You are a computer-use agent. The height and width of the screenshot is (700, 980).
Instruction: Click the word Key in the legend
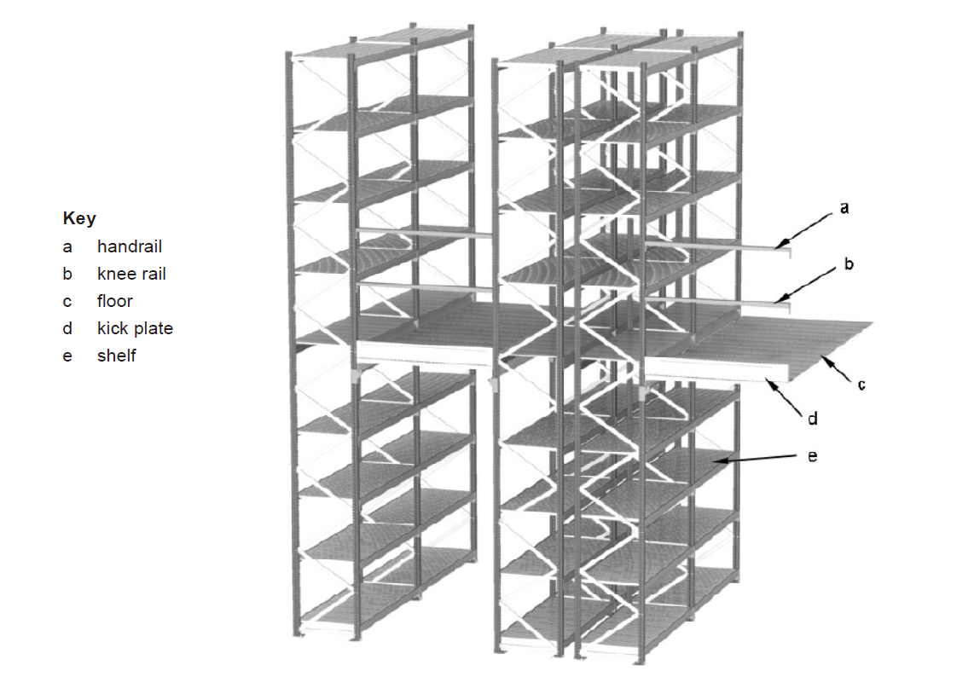pyautogui.click(x=79, y=218)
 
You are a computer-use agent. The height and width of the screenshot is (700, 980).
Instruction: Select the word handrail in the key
pyautogui.click(x=130, y=246)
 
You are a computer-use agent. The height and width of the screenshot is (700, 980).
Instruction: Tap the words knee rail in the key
pyautogui.click(x=131, y=274)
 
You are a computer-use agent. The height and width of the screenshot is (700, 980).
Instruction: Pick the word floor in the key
pyautogui.click(x=115, y=301)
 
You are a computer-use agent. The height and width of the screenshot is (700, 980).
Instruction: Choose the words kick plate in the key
pyautogui.click(x=135, y=328)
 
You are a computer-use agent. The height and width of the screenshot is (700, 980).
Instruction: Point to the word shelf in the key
pyautogui.click(x=116, y=356)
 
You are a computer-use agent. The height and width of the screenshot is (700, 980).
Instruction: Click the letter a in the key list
pyautogui.click(x=67, y=247)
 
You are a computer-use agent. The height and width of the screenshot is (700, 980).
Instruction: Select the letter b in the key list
pyautogui.click(x=67, y=274)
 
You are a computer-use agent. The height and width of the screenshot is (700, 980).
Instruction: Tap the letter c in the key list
pyautogui.click(x=67, y=303)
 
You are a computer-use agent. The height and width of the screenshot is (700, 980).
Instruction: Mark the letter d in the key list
pyautogui.click(x=67, y=328)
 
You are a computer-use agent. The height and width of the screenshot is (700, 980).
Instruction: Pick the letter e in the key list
pyautogui.click(x=67, y=357)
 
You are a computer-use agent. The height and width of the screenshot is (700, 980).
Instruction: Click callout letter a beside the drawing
pyautogui.click(x=844, y=208)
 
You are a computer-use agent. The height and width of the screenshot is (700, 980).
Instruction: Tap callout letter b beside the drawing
pyautogui.click(x=849, y=263)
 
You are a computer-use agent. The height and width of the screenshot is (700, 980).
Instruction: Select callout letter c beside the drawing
pyautogui.click(x=861, y=385)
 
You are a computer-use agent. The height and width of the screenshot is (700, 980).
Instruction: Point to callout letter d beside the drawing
pyautogui.click(x=813, y=418)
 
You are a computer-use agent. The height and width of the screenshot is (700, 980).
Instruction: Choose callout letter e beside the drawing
pyautogui.click(x=812, y=456)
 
